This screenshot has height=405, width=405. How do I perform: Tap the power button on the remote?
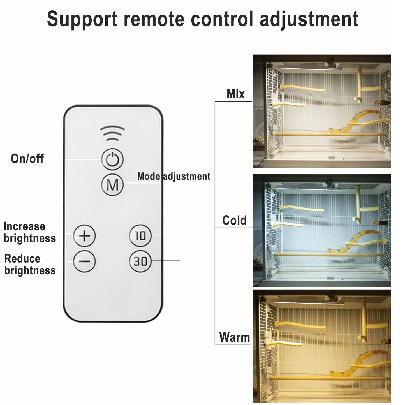coord(112,159)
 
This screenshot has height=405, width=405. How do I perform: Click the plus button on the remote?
coord(84,235)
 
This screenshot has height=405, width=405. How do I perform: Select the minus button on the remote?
coord(84,261)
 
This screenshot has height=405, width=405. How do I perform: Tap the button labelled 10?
coord(140,235)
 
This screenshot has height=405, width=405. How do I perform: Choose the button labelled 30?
coord(140,261)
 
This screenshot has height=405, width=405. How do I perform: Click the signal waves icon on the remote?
coord(112,133)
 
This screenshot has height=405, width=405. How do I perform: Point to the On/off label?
coord(27,159)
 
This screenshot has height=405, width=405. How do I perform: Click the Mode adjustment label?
coord(173,176)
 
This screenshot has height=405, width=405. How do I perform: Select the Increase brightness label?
coord(29,232)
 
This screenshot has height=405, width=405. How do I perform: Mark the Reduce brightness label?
coord(30,265)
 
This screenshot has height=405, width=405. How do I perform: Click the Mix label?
coord(235,94)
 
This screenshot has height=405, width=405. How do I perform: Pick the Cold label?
coord(234,220)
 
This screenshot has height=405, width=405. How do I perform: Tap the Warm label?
coord(235,337)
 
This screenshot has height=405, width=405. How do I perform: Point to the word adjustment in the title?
coord(309,20)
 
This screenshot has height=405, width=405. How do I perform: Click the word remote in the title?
coord(154,20)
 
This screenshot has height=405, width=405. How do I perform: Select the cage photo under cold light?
coord(322,230)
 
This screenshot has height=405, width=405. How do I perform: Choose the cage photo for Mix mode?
coord(322,111)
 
